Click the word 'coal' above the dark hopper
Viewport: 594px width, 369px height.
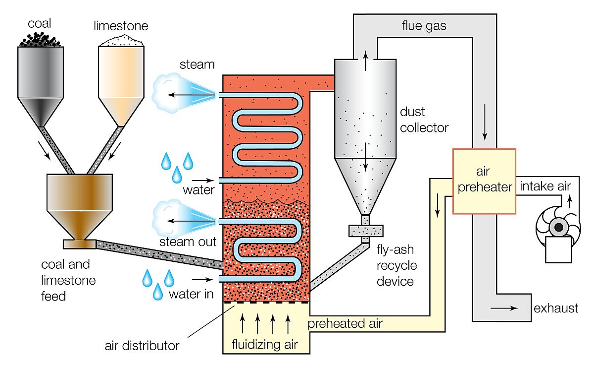[x=40, y=23]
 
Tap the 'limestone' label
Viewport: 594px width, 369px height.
[x=120, y=26]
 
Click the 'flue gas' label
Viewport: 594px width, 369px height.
[x=424, y=26]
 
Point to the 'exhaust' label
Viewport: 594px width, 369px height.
[x=556, y=308]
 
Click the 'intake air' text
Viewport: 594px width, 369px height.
[x=544, y=187]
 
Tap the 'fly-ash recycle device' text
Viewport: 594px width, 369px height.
[x=396, y=265]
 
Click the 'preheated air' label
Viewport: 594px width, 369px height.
[x=345, y=324]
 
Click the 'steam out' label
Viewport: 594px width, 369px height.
[x=188, y=242]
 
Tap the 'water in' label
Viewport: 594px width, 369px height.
[x=191, y=294]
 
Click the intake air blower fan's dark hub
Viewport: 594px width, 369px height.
[x=559, y=227]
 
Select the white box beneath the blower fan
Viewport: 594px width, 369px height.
[x=559, y=249]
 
